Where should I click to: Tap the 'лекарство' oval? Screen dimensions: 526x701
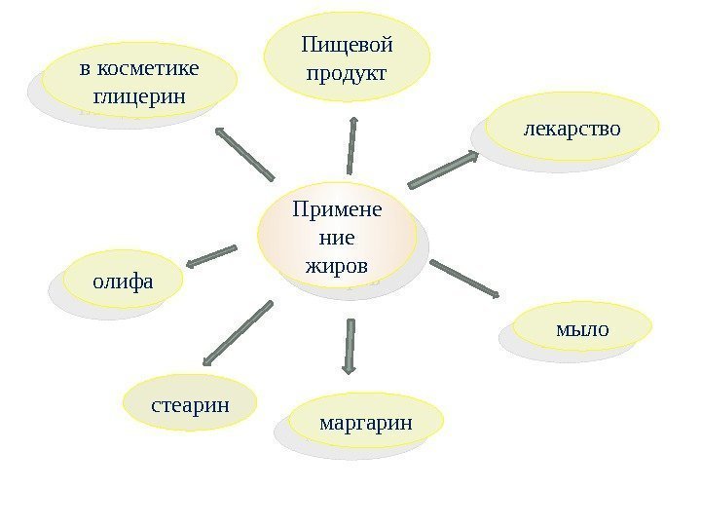pos(572,127)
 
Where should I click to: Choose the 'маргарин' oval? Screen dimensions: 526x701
pos(366,422)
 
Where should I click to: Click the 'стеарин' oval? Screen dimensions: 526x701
pos(190,402)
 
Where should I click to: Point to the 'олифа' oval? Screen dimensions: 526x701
pos(124,282)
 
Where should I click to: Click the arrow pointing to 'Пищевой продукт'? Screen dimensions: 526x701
pos(350,146)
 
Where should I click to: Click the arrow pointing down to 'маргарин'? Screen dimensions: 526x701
pos(349,346)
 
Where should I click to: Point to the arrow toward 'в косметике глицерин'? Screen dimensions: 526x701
pos(244,153)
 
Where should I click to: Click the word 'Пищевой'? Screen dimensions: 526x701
pos(348,46)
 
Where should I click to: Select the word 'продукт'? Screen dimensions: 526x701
pos(347,73)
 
